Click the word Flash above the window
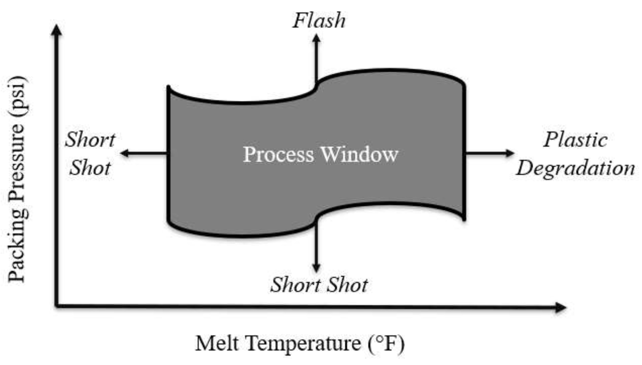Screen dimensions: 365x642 [319, 20]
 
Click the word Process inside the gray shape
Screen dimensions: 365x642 [278, 154]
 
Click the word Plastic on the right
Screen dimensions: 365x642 [575, 139]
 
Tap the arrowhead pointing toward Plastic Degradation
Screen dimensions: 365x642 [510, 153]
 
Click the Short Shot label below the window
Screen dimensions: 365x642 [319, 285]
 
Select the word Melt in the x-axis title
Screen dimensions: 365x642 [217, 343]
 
